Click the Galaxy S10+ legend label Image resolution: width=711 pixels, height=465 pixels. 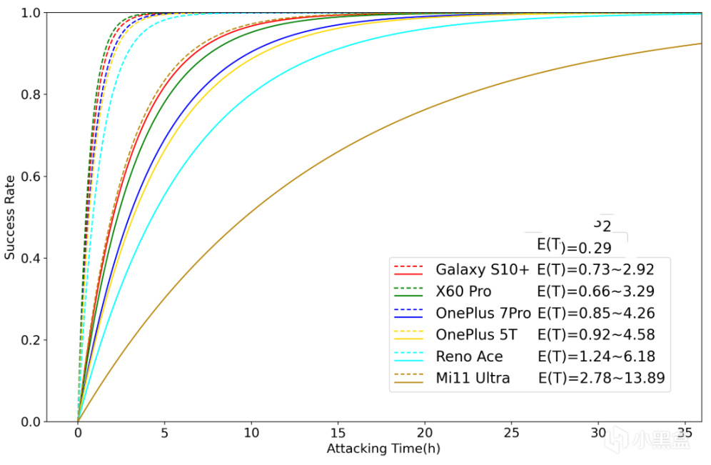(482, 269)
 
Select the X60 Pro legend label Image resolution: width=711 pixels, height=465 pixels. (463, 291)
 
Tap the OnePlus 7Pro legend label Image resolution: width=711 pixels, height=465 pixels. (483, 313)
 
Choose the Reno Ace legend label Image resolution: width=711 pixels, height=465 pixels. (469, 356)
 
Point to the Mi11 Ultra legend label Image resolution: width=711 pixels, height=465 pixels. (473, 378)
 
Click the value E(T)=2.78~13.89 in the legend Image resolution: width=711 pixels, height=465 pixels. (601, 378)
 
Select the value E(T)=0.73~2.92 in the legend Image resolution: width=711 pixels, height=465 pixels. (595, 269)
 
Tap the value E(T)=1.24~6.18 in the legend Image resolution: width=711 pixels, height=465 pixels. (595, 356)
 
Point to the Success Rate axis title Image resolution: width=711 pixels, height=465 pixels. (10, 217)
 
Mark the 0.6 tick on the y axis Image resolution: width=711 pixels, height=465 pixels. (31, 176)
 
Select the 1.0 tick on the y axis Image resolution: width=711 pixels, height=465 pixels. (31, 13)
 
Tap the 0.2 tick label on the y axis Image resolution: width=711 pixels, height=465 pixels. (31, 340)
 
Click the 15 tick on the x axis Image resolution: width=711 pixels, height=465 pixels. (338, 433)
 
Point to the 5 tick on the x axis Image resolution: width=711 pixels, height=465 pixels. (164, 433)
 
